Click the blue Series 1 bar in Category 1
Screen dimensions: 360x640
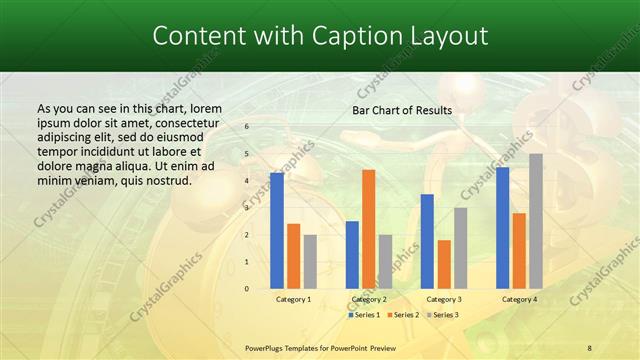click(277, 231)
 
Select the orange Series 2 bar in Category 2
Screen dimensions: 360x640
click(368, 229)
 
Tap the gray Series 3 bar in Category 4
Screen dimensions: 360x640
click(536, 221)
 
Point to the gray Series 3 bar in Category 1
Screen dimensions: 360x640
click(310, 262)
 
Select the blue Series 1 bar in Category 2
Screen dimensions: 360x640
click(352, 255)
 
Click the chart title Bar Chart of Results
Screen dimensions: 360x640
click(402, 110)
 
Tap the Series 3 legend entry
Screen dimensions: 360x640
click(442, 315)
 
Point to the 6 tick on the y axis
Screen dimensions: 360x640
click(246, 128)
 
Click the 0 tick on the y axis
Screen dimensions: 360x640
click(246, 289)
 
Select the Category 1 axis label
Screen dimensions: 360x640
click(293, 299)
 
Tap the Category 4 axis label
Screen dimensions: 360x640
click(519, 299)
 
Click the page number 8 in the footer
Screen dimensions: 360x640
click(589, 347)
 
